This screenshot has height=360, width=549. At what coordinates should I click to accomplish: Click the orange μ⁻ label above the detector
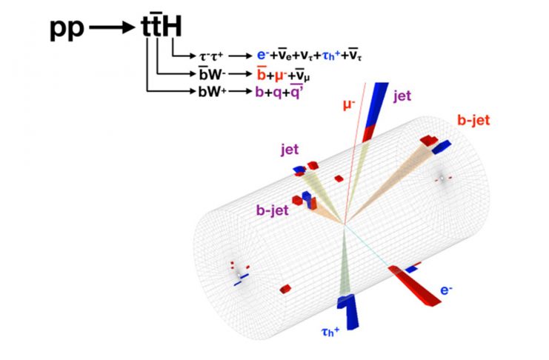350,104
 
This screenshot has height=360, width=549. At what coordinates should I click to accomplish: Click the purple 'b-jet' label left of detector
272,210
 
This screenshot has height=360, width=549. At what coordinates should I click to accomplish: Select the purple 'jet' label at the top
402,94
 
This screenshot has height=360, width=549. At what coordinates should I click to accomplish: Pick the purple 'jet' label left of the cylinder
289,150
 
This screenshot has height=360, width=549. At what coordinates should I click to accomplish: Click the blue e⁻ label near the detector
447,291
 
